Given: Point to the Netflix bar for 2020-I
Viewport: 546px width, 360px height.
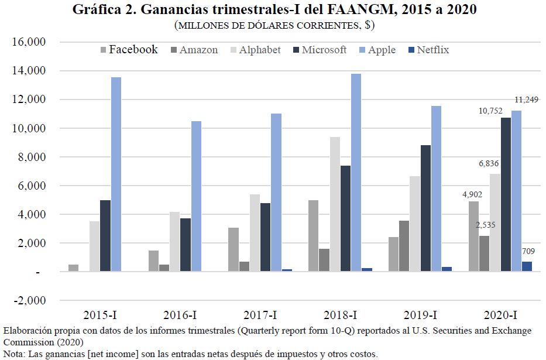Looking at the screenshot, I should point(527,267).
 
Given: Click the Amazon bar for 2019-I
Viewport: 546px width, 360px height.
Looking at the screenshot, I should point(403,246).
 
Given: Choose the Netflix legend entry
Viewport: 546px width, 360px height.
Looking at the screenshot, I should point(432,50).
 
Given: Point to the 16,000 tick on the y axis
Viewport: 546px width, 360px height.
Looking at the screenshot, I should point(29,43).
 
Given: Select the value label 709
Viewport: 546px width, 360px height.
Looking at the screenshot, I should point(528,252).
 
